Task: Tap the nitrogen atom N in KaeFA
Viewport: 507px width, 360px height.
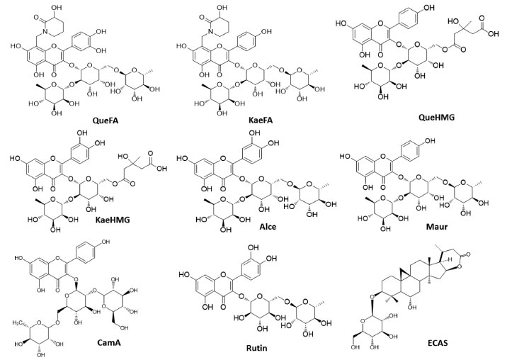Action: click(208, 33)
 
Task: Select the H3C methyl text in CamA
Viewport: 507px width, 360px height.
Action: click(21, 303)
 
